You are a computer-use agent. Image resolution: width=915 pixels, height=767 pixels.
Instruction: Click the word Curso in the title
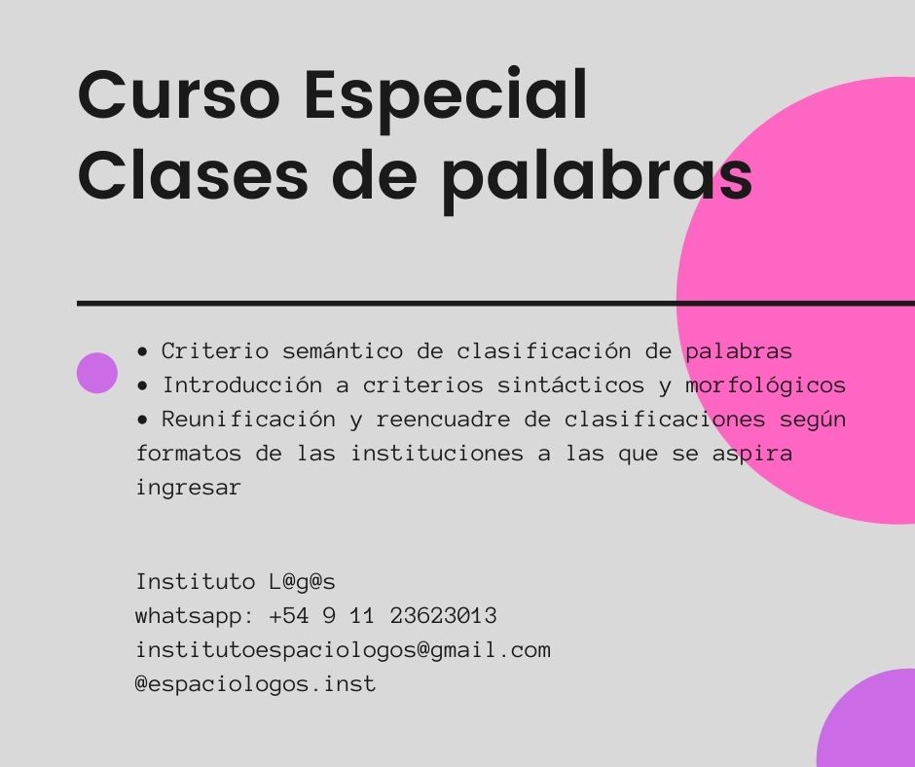click(x=179, y=93)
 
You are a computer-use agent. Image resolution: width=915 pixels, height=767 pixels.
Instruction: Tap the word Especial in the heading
click(x=446, y=99)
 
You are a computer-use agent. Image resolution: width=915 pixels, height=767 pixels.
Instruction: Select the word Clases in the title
click(x=193, y=174)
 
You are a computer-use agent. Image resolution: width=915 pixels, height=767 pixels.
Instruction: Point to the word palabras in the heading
click(x=598, y=180)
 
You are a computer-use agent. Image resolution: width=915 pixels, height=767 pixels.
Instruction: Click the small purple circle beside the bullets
click(x=97, y=373)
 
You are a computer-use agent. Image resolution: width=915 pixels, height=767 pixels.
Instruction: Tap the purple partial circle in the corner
click(x=866, y=718)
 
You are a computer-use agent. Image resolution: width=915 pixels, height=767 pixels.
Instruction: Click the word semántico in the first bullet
click(x=343, y=350)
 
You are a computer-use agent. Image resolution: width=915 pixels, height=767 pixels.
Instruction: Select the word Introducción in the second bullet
click(x=242, y=384)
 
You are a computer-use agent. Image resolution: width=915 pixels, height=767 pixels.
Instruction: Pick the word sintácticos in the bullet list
click(x=570, y=384)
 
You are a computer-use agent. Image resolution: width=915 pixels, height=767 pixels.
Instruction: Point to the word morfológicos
click(x=766, y=385)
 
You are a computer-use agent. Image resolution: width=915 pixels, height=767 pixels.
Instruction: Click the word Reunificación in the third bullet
click(x=248, y=420)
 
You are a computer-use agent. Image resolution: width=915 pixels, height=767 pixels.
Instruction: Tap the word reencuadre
click(x=443, y=420)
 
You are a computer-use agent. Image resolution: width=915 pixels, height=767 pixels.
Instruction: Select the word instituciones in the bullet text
click(x=436, y=453)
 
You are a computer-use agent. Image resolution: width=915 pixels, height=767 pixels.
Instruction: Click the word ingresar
click(x=188, y=488)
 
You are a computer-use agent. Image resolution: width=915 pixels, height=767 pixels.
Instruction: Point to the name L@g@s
click(x=303, y=582)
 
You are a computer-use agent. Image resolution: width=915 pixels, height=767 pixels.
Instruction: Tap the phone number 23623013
click(x=444, y=616)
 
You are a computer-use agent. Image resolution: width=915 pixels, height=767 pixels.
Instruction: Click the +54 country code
click(x=289, y=616)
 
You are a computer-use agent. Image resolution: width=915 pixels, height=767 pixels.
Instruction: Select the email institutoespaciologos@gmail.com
click(x=343, y=650)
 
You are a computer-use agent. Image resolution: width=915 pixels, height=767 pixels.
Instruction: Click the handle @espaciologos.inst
click(x=256, y=684)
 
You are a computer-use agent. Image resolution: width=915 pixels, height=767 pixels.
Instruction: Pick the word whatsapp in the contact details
click(x=189, y=617)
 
